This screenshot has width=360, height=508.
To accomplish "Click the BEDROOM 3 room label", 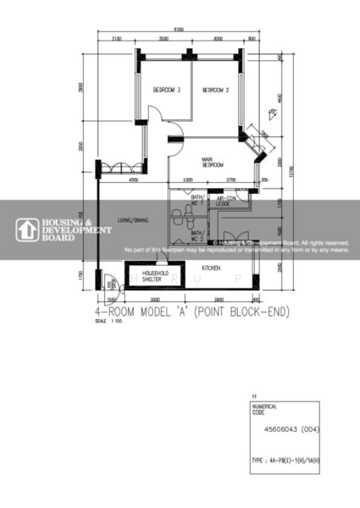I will [167, 90].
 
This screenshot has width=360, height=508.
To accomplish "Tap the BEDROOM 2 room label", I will [215, 90].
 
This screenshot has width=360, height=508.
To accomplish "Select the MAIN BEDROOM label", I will [212, 162].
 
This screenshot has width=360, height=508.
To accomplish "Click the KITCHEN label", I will [211, 268].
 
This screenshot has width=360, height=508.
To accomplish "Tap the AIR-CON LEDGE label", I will [224, 202].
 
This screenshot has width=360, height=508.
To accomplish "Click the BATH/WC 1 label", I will [197, 201].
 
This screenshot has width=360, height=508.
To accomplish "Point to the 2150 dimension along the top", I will [116, 39].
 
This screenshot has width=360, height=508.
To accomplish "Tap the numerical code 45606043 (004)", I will [288, 429].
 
